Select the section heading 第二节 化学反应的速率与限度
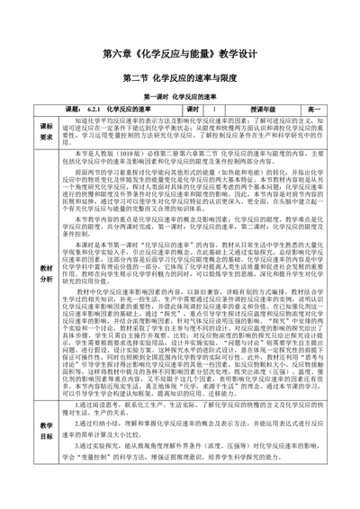pos(180,77)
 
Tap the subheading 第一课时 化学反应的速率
pos(180,95)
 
